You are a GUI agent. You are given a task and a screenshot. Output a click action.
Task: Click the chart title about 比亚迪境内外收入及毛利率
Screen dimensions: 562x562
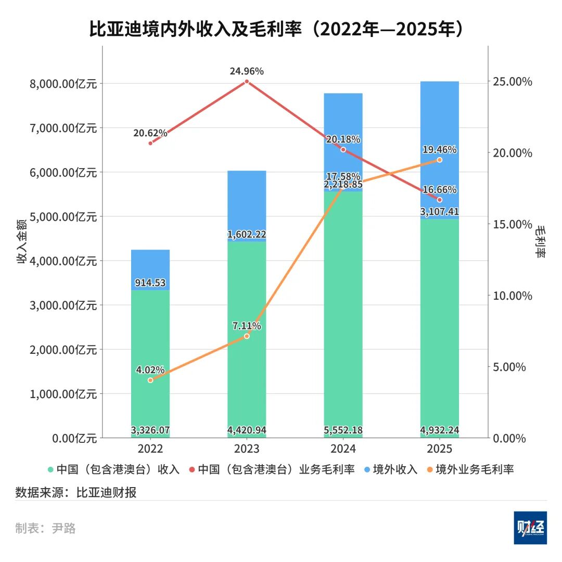[276, 30]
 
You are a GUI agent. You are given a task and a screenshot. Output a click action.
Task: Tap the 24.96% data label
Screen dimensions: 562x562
[247, 71]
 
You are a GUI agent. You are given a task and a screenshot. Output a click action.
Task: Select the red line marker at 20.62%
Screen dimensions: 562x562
[150, 143]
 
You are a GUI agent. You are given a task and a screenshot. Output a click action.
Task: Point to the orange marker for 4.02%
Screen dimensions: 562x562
[150, 380]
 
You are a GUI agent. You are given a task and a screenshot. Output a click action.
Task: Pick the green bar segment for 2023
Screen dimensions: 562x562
[247, 338]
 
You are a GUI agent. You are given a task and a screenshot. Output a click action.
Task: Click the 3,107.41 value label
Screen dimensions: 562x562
[440, 212]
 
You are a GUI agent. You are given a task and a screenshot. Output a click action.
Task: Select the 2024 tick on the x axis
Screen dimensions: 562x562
[343, 449]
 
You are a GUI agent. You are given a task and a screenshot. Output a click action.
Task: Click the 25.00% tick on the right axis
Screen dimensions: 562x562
[513, 82]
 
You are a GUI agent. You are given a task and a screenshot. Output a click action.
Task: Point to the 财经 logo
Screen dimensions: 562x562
[530, 528]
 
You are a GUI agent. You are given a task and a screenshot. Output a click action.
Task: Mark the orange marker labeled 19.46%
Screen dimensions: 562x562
[440, 160]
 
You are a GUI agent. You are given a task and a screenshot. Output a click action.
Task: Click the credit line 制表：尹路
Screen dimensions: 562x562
[46, 529]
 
